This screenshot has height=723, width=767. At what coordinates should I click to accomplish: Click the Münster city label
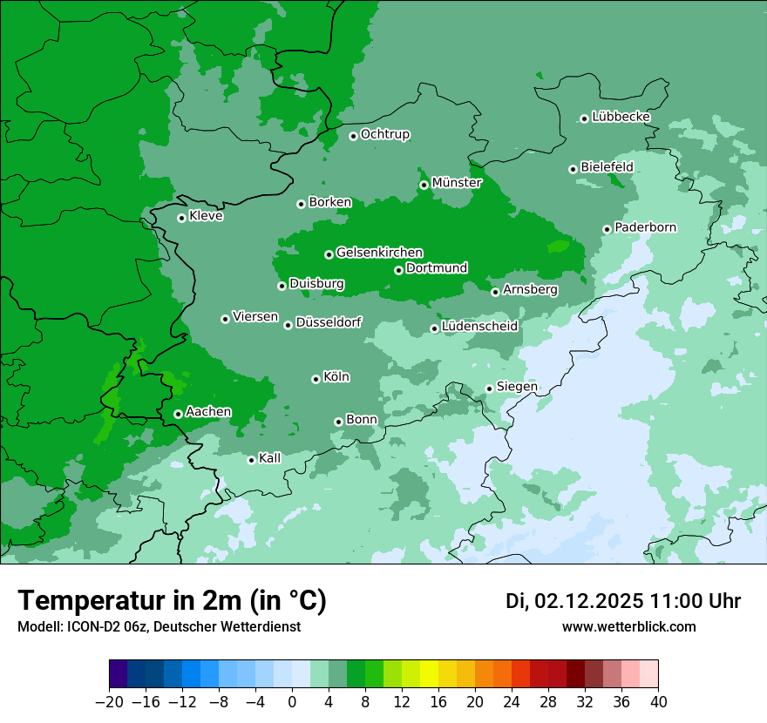click(456, 183)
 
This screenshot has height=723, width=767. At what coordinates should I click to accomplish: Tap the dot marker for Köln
click(316, 379)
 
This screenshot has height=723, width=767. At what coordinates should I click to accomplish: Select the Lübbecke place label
click(621, 117)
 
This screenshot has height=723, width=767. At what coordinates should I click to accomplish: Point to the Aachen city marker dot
click(178, 414)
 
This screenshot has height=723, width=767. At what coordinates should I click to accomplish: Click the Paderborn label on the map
click(645, 227)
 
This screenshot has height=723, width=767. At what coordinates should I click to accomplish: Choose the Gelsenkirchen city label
click(379, 253)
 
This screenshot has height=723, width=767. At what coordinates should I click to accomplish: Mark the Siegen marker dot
click(489, 389)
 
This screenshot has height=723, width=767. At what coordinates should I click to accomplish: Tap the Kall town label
click(269, 458)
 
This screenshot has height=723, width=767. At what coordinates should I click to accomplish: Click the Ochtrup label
click(384, 134)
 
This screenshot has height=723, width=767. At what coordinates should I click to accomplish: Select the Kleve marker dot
click(181, 218)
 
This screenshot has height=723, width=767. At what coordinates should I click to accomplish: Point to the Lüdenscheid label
click(479, 327)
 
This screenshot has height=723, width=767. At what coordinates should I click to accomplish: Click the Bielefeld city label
click(607, 166)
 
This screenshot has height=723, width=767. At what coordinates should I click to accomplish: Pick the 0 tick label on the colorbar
click(292, 702)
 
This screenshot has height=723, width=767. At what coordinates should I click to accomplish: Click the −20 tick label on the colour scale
click(109, 702)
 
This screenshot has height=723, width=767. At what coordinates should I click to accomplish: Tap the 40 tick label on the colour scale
click(658, 702)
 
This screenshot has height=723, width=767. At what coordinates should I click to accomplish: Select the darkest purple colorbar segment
click(119, 674)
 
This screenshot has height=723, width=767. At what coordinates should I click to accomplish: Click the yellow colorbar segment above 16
click(430, 674)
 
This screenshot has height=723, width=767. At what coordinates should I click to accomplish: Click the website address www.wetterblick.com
click(628, 627)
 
